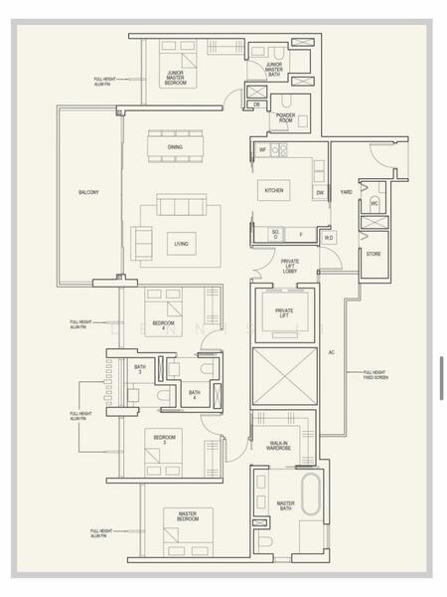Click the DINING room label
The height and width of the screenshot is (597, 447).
tap(174, 148)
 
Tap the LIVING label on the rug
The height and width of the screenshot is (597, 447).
tap(181, 243)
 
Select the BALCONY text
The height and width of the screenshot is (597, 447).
tap(88, 192)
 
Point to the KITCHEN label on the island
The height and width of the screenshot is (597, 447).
tap(274, 189)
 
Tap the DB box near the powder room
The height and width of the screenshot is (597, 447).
tap(256, 103)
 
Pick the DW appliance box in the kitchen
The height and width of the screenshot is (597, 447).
tap(320, 193)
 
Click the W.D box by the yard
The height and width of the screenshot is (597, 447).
tap(329, 237)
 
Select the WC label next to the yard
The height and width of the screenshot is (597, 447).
tap(373, 203)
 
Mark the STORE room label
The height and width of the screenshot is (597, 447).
tap(372, 254)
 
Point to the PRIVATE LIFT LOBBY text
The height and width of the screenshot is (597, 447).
tap(289, 266)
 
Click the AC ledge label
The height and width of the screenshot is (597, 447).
tap(333, 351)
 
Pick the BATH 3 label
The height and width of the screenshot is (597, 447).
tap(140, 369)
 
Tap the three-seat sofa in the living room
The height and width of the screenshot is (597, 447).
tap(182, 204)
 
